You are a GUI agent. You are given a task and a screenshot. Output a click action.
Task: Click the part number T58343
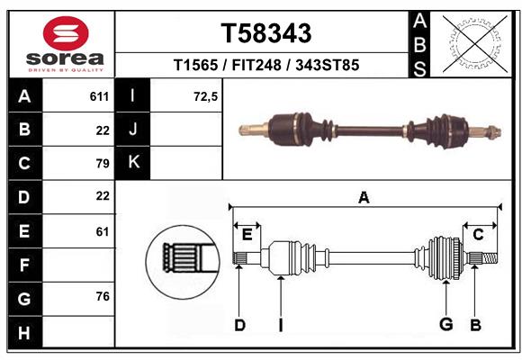[x=266, y=33]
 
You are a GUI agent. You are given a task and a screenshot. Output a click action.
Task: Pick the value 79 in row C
[x=102, y=163]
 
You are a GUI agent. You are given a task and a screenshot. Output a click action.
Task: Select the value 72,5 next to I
[x=205, y=95]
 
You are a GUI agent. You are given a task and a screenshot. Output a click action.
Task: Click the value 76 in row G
[x=102, y=296]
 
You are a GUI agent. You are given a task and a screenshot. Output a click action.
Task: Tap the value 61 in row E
[x=102, y=230]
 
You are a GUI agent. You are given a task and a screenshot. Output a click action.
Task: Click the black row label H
[x=23, y=333]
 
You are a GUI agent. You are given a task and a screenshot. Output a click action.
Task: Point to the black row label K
[x=133, y=163]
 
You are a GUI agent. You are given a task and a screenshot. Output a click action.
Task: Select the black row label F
[x=23, y=265]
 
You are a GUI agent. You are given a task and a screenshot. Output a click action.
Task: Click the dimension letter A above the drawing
[x=364, y=198]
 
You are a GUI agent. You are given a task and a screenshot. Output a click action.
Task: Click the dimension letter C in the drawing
[x=478, y=234]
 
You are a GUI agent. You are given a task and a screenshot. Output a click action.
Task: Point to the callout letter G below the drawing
[x=445, y=324]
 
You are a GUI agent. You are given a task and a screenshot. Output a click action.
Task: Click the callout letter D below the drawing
[x=239, y=324]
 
